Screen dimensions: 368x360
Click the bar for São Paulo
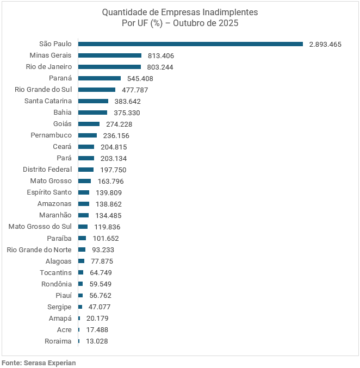coord(190,44)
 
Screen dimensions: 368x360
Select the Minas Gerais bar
coord(110,55)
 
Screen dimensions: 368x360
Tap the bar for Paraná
coord(100,78)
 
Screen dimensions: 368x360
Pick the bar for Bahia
coord(93,113)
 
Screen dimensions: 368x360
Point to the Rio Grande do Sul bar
coord(97,90)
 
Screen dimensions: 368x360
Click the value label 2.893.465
coord(325,45)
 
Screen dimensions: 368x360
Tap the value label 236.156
coord(116,135)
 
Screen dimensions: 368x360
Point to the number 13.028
coord(97,341)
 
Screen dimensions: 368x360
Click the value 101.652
coord(105,238)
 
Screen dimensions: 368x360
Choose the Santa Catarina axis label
coord(48,101)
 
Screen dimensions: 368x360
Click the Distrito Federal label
coord(47,170)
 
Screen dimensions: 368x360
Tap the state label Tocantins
coord(55,272)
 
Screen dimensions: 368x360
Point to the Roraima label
coord(58,341)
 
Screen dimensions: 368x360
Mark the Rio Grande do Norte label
coord(39,250)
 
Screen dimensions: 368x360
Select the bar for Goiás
coord(89,124)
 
